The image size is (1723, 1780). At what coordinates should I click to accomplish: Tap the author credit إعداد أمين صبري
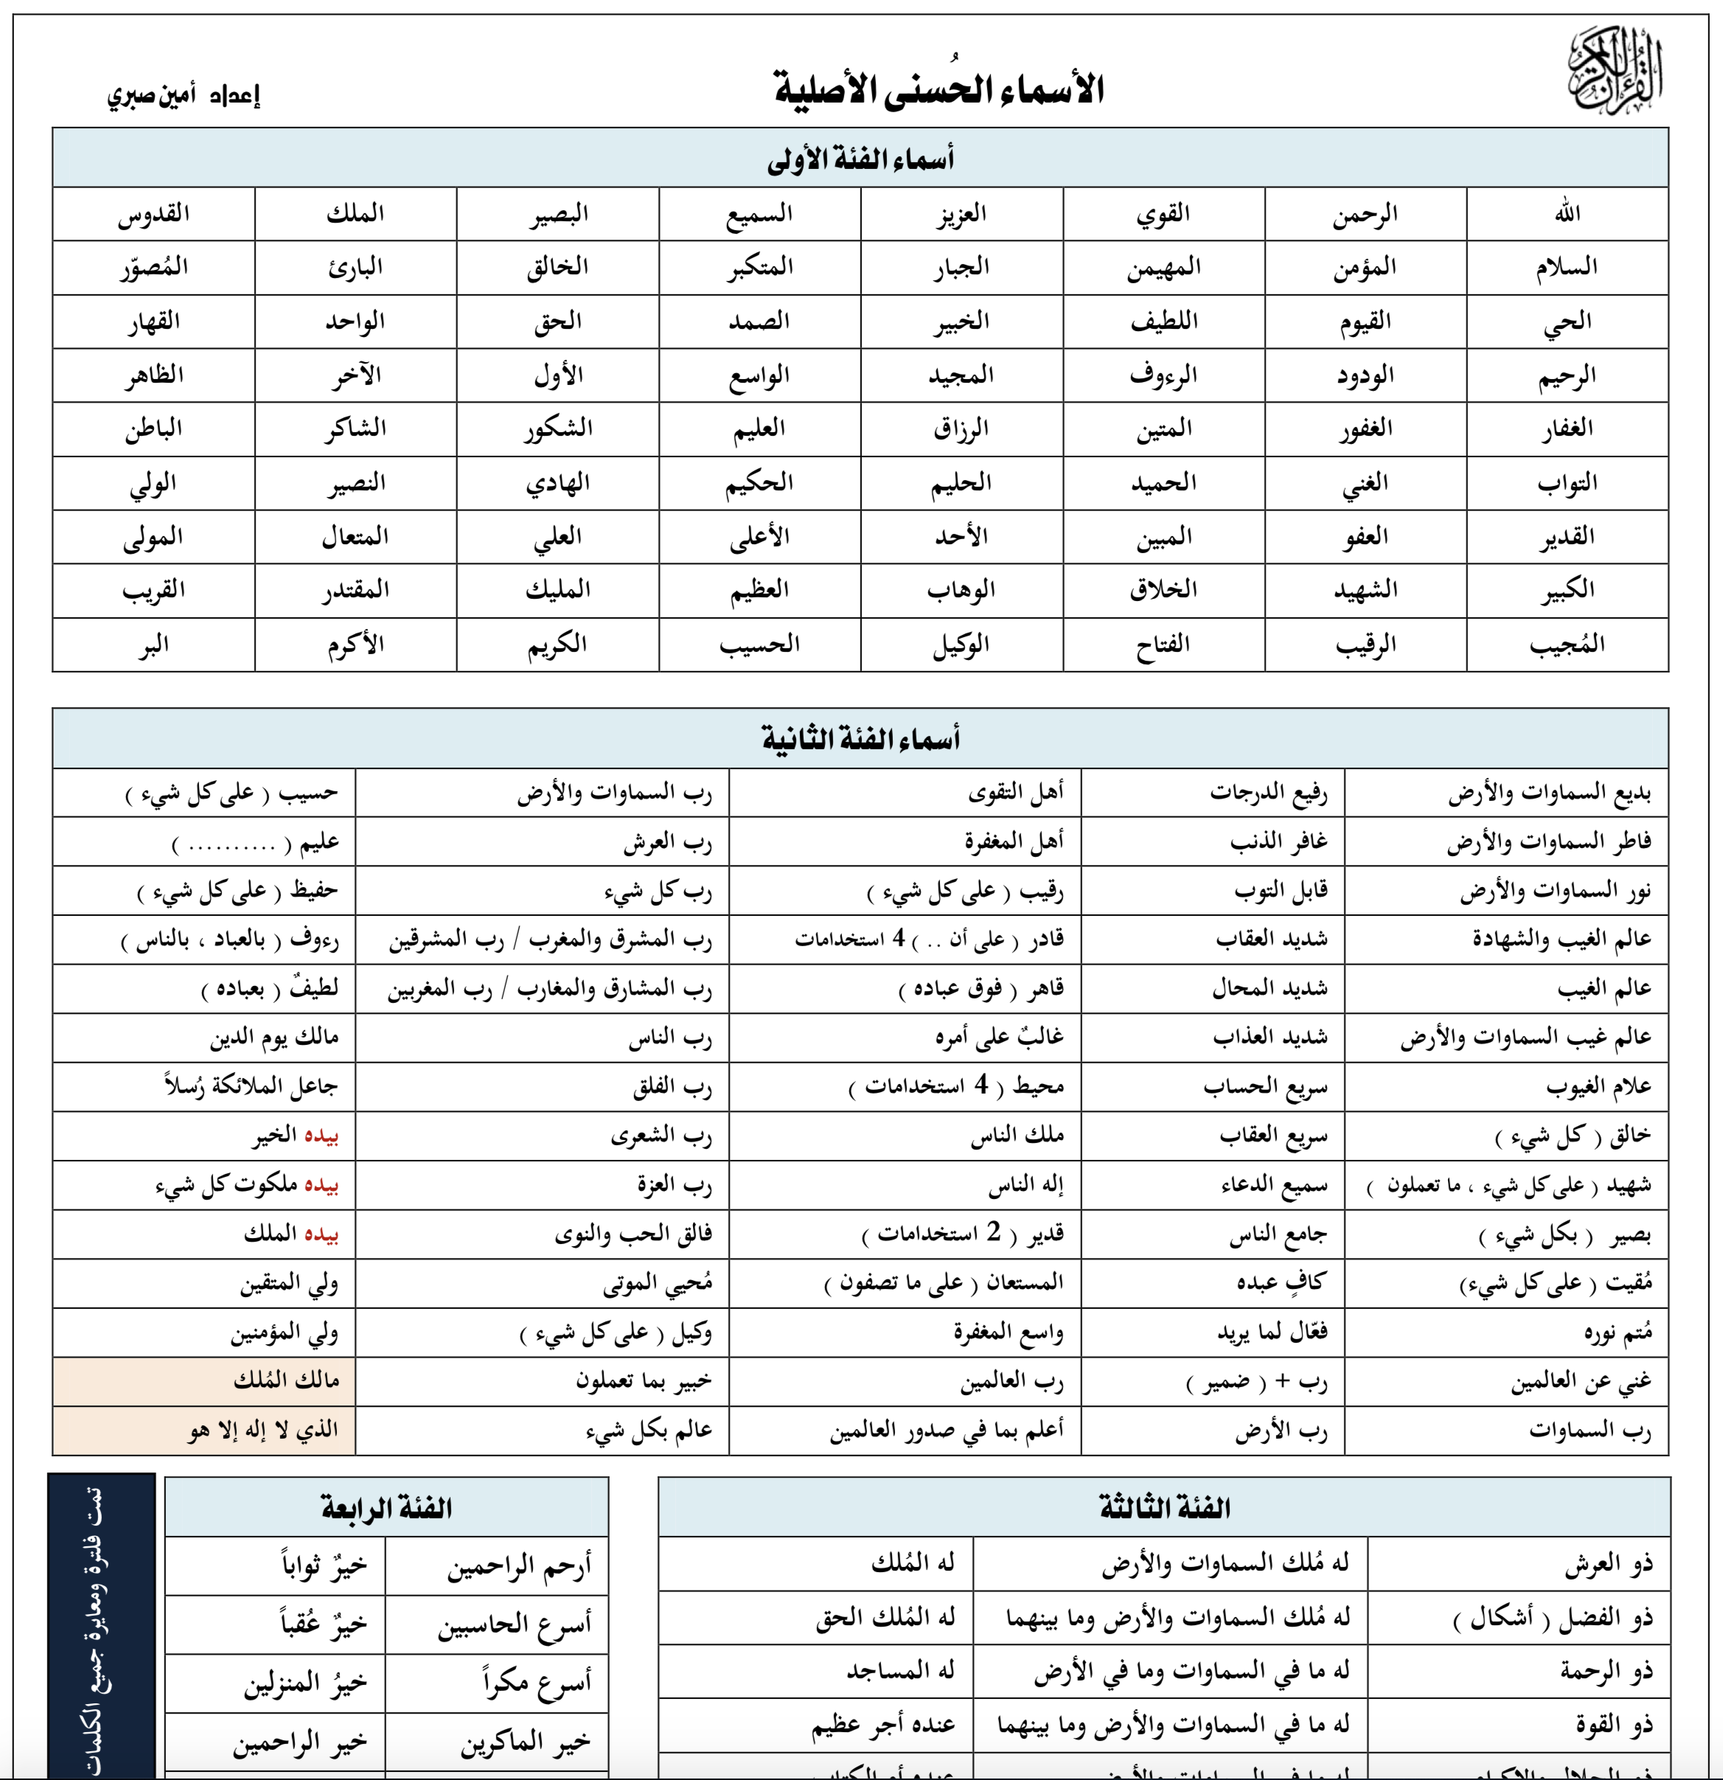point(184,94)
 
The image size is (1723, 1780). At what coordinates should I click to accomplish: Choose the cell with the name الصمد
point(759,321)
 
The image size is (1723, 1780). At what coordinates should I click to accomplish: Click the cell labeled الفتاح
point(1163,644)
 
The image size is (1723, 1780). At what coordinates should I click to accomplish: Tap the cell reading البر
point(153,644)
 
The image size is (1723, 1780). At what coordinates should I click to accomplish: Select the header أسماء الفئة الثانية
point(860,738)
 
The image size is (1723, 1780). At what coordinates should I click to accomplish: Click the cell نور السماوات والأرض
point(1555,891)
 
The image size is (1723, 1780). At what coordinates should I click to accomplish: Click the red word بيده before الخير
point(321,1136)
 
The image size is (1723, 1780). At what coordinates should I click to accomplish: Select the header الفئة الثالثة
point(1164,1509)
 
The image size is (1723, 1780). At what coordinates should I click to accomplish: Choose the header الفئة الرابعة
point(387,1509)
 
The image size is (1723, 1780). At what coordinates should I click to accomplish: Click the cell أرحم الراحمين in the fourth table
point(518,1565)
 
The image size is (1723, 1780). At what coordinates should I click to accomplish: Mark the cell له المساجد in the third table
point(900,1671)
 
